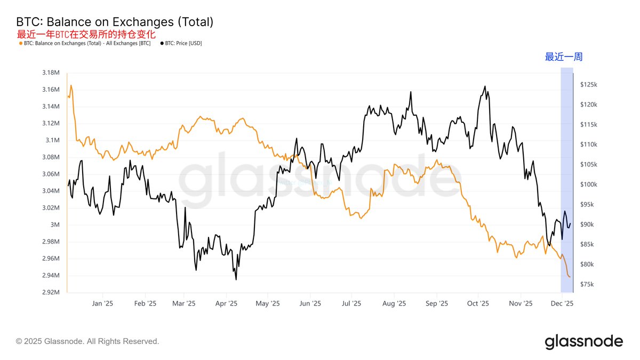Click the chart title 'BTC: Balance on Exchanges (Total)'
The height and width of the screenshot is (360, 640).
(115, 22)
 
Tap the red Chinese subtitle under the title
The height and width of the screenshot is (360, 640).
(86, 34)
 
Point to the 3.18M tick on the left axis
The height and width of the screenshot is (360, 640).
(51, 73)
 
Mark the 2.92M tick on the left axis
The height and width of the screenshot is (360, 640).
(51, 292)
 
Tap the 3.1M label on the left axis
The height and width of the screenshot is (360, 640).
(53, 140)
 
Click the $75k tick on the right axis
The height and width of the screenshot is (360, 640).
(588, 284)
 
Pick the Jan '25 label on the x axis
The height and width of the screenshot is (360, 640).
(102, 303)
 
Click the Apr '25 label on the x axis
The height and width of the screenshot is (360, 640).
(226, 303)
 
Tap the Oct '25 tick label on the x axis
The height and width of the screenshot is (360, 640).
(478, 303)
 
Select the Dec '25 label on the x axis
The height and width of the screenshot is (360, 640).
(562, 303)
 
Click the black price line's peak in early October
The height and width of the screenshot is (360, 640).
(484, 86)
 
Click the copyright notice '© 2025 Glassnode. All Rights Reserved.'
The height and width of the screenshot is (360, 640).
(87, 341)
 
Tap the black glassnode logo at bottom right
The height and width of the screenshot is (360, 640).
(583, 341)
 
